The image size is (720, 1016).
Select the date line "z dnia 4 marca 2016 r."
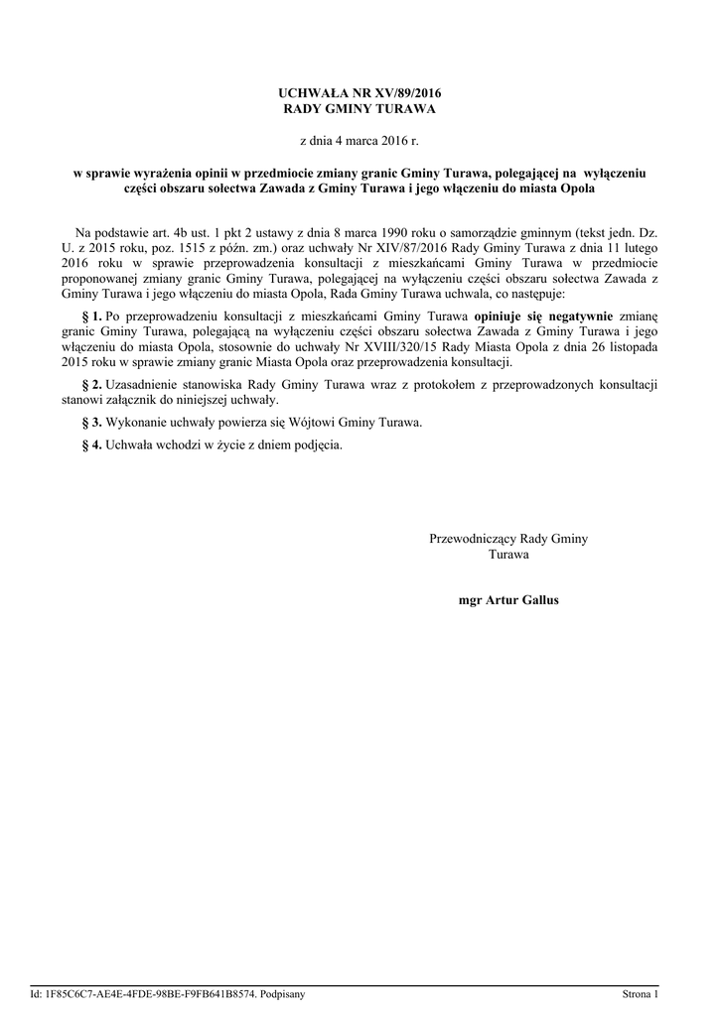point(360,143)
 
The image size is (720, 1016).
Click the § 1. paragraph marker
point(91,316)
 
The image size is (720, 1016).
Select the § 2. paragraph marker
point(91,383)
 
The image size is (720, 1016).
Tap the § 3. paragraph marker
point(91,422)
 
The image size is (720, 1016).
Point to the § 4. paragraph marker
point(91,444)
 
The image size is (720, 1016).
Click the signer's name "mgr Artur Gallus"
point(508,601)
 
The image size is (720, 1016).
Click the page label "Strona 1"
point(641,993)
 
